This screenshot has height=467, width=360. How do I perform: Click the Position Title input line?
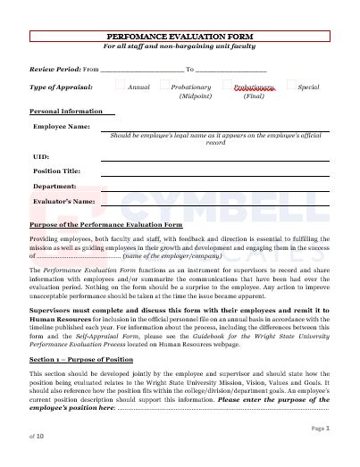pos(214,173)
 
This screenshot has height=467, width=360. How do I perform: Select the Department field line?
pos(214,189)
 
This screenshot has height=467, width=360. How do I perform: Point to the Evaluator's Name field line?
pos(214,204)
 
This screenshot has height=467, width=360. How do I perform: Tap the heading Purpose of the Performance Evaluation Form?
pos(105,225)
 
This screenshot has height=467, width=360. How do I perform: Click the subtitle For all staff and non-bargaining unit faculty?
pos(180,46)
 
